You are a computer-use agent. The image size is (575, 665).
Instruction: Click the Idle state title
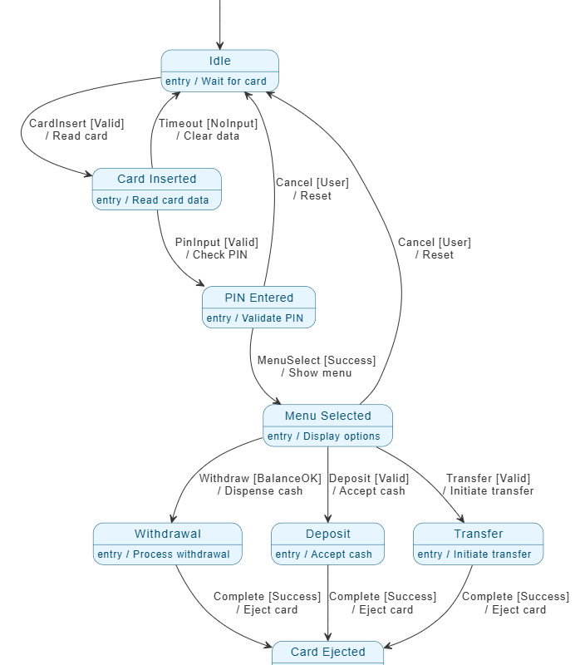[219, 61]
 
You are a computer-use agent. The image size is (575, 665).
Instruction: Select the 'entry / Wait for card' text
[216, 81]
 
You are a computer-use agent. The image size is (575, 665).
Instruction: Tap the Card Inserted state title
[156, 179]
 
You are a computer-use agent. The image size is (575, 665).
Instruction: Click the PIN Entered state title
[258, 298]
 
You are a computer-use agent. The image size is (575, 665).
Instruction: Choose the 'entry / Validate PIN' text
[254, 318]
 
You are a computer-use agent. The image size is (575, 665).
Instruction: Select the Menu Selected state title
[327, 416]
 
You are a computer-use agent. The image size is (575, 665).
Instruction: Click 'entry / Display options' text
[323, 436]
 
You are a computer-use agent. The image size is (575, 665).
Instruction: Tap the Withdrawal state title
[167, 534]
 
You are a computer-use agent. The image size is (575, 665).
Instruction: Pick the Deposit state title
[327, 534]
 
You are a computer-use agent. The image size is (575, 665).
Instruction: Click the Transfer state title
[478, 534]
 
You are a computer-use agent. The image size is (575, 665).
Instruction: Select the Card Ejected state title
[327, 652]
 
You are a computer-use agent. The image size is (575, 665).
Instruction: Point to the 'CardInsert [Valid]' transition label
[76, 123]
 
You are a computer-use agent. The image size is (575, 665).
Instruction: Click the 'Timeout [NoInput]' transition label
[208, 123]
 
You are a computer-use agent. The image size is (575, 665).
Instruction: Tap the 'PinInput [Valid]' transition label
[216, 242]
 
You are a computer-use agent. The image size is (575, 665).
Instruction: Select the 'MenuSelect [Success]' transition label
[316, 360]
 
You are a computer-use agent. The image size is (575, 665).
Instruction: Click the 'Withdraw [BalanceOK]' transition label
[259, 478]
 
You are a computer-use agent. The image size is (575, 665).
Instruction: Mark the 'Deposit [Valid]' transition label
[369, 478]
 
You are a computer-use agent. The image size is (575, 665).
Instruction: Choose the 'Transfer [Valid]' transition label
[488, 478]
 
